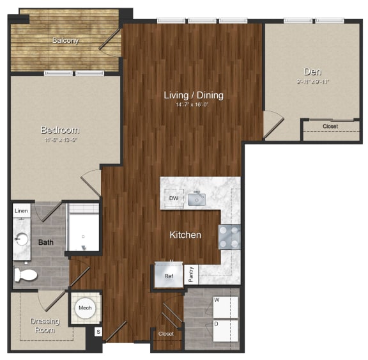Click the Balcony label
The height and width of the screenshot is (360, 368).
pyautogui.click(x=65, y=41)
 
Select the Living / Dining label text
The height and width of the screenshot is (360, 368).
pyautogui.click(x=194, y=95)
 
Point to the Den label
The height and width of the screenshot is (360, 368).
pyautogui.click(x=312, y=72)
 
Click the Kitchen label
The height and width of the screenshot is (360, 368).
pyautogui.click(x=185, y=235)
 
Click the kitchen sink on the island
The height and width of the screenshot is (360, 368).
pyautogui.click(x=197, y=199)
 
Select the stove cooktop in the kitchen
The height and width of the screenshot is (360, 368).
pyautogui.click(x=229, y=237)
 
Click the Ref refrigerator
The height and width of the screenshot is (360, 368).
pyautogui.click(x=169, y=276)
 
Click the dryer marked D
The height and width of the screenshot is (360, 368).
pyautogui.click(x=226, y=329)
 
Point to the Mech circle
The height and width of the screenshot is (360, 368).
pyautogui.click(x=85, y=308)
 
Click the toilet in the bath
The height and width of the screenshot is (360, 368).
pyautogui.click(x=25, y=276)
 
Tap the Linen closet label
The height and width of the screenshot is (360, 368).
pyautogui.click(x=21, y=210)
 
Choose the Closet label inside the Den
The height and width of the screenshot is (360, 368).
pyautogui.click(x=330, y=127)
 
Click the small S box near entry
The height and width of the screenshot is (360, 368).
pyautogui.click(x=98, y=331)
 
